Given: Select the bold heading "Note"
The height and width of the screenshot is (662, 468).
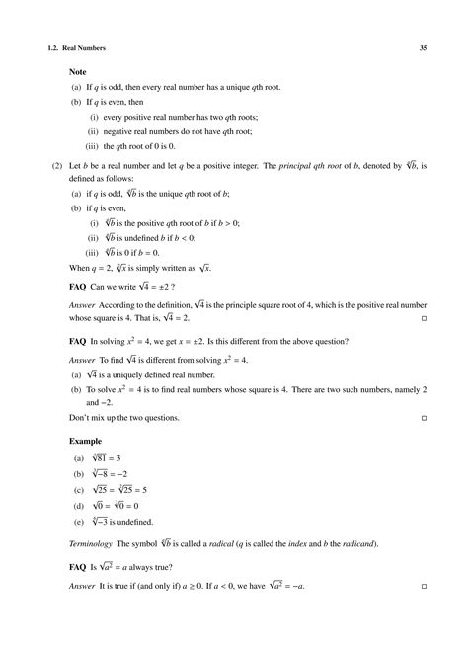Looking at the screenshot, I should (x=78, y=72).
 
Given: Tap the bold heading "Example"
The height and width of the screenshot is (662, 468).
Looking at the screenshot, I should (x=87, y=441).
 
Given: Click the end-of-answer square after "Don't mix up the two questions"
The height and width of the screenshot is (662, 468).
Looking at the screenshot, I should (x=424, y=420).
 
